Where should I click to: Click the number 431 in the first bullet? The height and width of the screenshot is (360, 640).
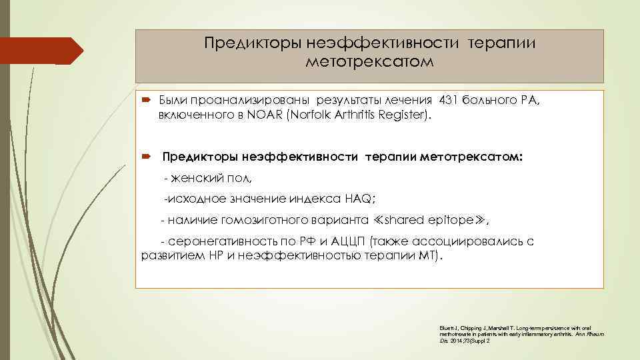coord(451,101)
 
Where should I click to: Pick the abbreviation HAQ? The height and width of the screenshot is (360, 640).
coord(362,199)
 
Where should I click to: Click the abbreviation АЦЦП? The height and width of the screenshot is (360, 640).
coord(348,241)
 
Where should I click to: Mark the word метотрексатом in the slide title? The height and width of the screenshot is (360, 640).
coord(369,62)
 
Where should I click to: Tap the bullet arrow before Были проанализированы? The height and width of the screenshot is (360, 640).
coord(146,101)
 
